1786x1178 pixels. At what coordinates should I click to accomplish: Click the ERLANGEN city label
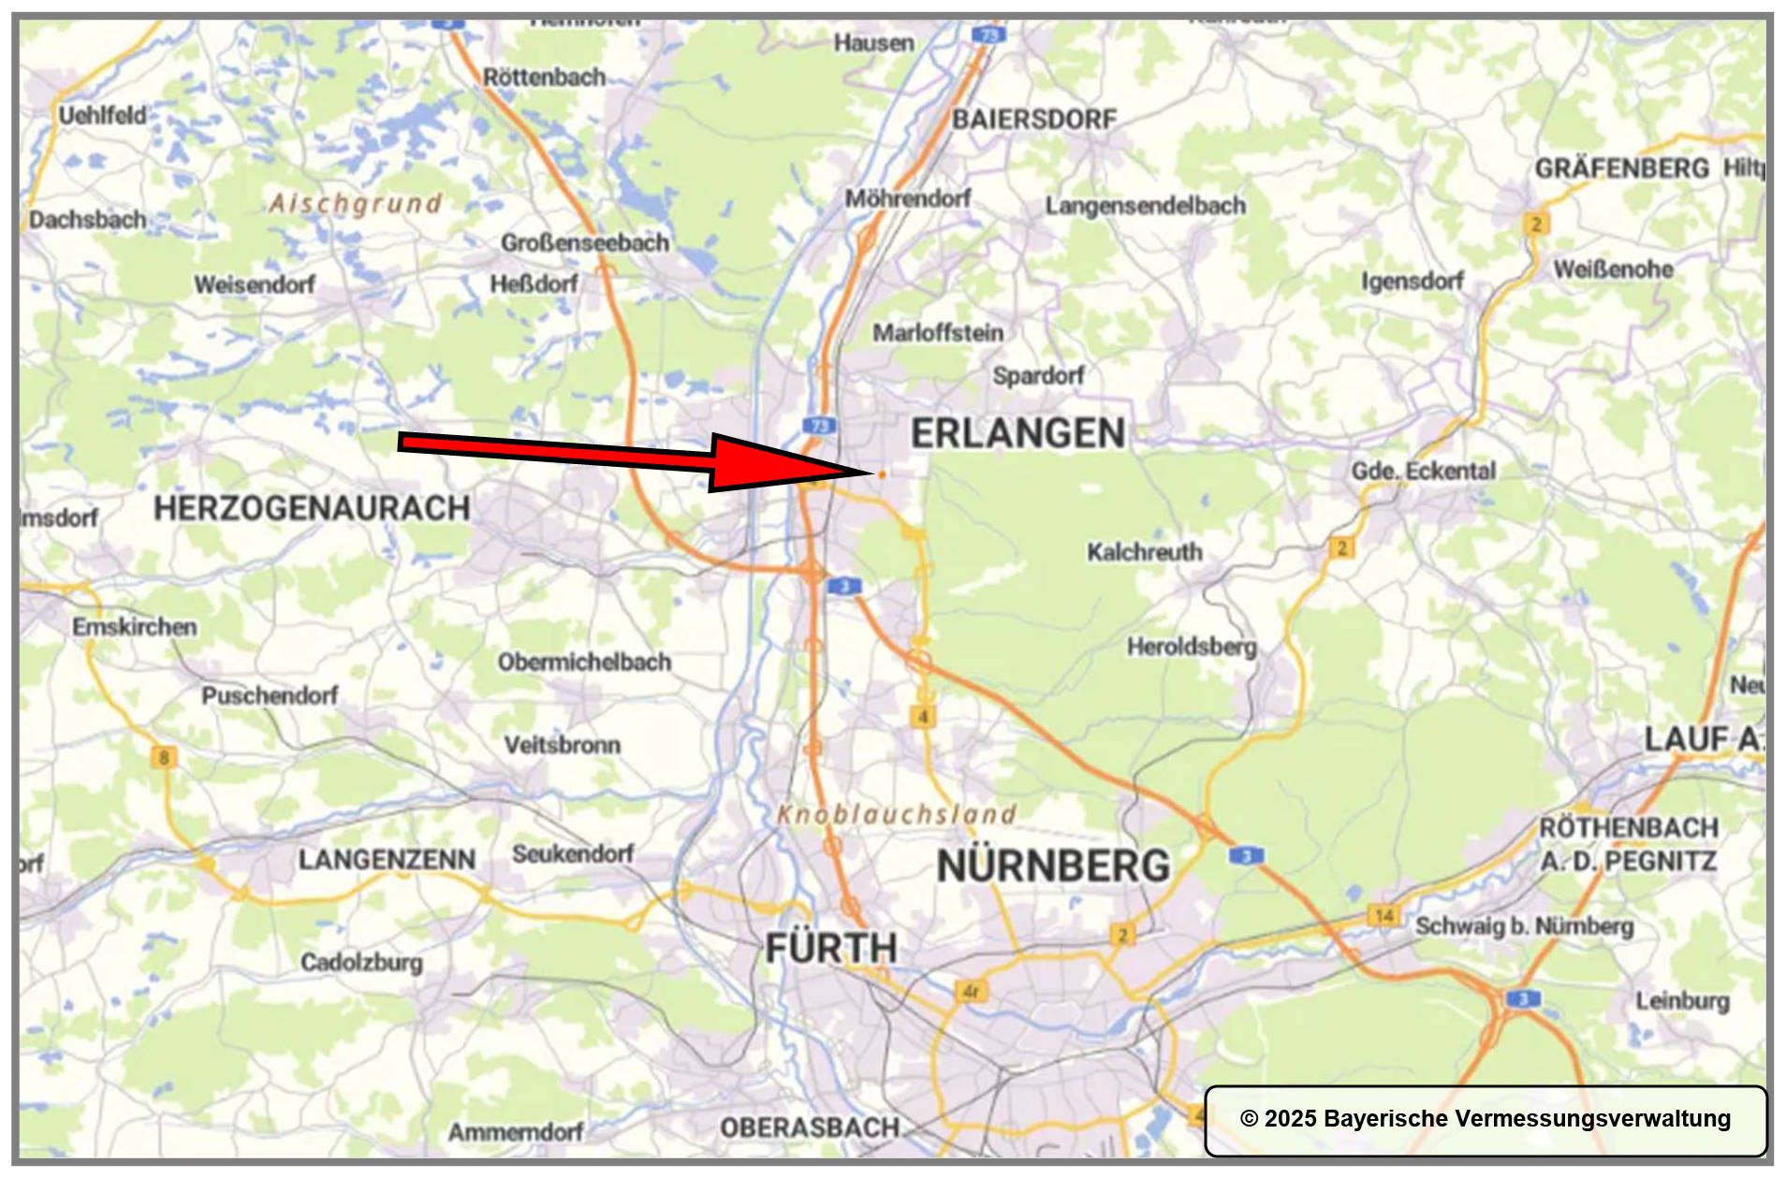tap(1017, 434)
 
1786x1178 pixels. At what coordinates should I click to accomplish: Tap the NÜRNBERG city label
tap(1053, 865)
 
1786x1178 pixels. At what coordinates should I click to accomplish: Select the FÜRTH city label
tap(831, 949)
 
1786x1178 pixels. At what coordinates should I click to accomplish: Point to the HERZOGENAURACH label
tap(312, 509)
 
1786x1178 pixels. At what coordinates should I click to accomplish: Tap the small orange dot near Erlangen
tap(882, 474)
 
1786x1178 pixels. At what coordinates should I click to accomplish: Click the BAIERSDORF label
tap(1034, 120)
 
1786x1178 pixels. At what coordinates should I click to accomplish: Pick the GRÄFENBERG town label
tap(1621, 169)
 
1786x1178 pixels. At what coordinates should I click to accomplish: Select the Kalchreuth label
tap(1144, 552)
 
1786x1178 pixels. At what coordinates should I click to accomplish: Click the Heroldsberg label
tap(1191, 647)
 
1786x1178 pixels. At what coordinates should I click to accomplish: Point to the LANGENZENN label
tap(387, 859)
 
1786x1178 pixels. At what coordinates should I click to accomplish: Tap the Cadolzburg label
tap(361, 962)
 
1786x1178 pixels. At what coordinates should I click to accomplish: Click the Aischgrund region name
tap(355, 203)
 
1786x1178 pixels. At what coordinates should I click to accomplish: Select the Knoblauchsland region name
tap(897, 815)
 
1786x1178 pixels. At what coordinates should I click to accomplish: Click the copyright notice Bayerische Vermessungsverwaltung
tap(1485, 1119)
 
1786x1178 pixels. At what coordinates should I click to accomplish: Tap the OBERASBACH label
tap(810, 1128)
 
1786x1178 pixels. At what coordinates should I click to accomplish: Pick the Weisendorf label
tap(255, 284)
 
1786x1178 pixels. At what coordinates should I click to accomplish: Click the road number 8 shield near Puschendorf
tap(164, 757)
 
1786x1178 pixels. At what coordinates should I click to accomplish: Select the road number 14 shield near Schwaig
tap(1383, 915)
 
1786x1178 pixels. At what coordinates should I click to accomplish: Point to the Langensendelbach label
tap(1145, 206)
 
